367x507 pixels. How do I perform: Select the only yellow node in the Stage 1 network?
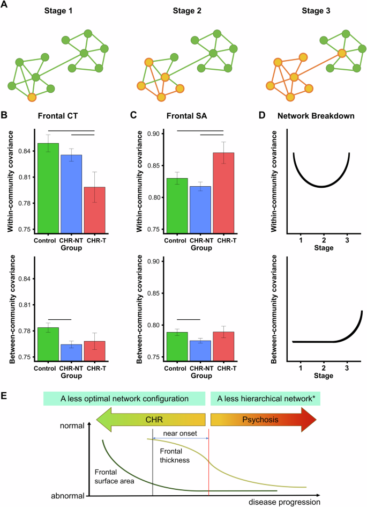(x=32, y=97)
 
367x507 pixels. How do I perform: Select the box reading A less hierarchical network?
(x=265, y=398)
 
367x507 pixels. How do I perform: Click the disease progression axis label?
(x=284, y=502)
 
